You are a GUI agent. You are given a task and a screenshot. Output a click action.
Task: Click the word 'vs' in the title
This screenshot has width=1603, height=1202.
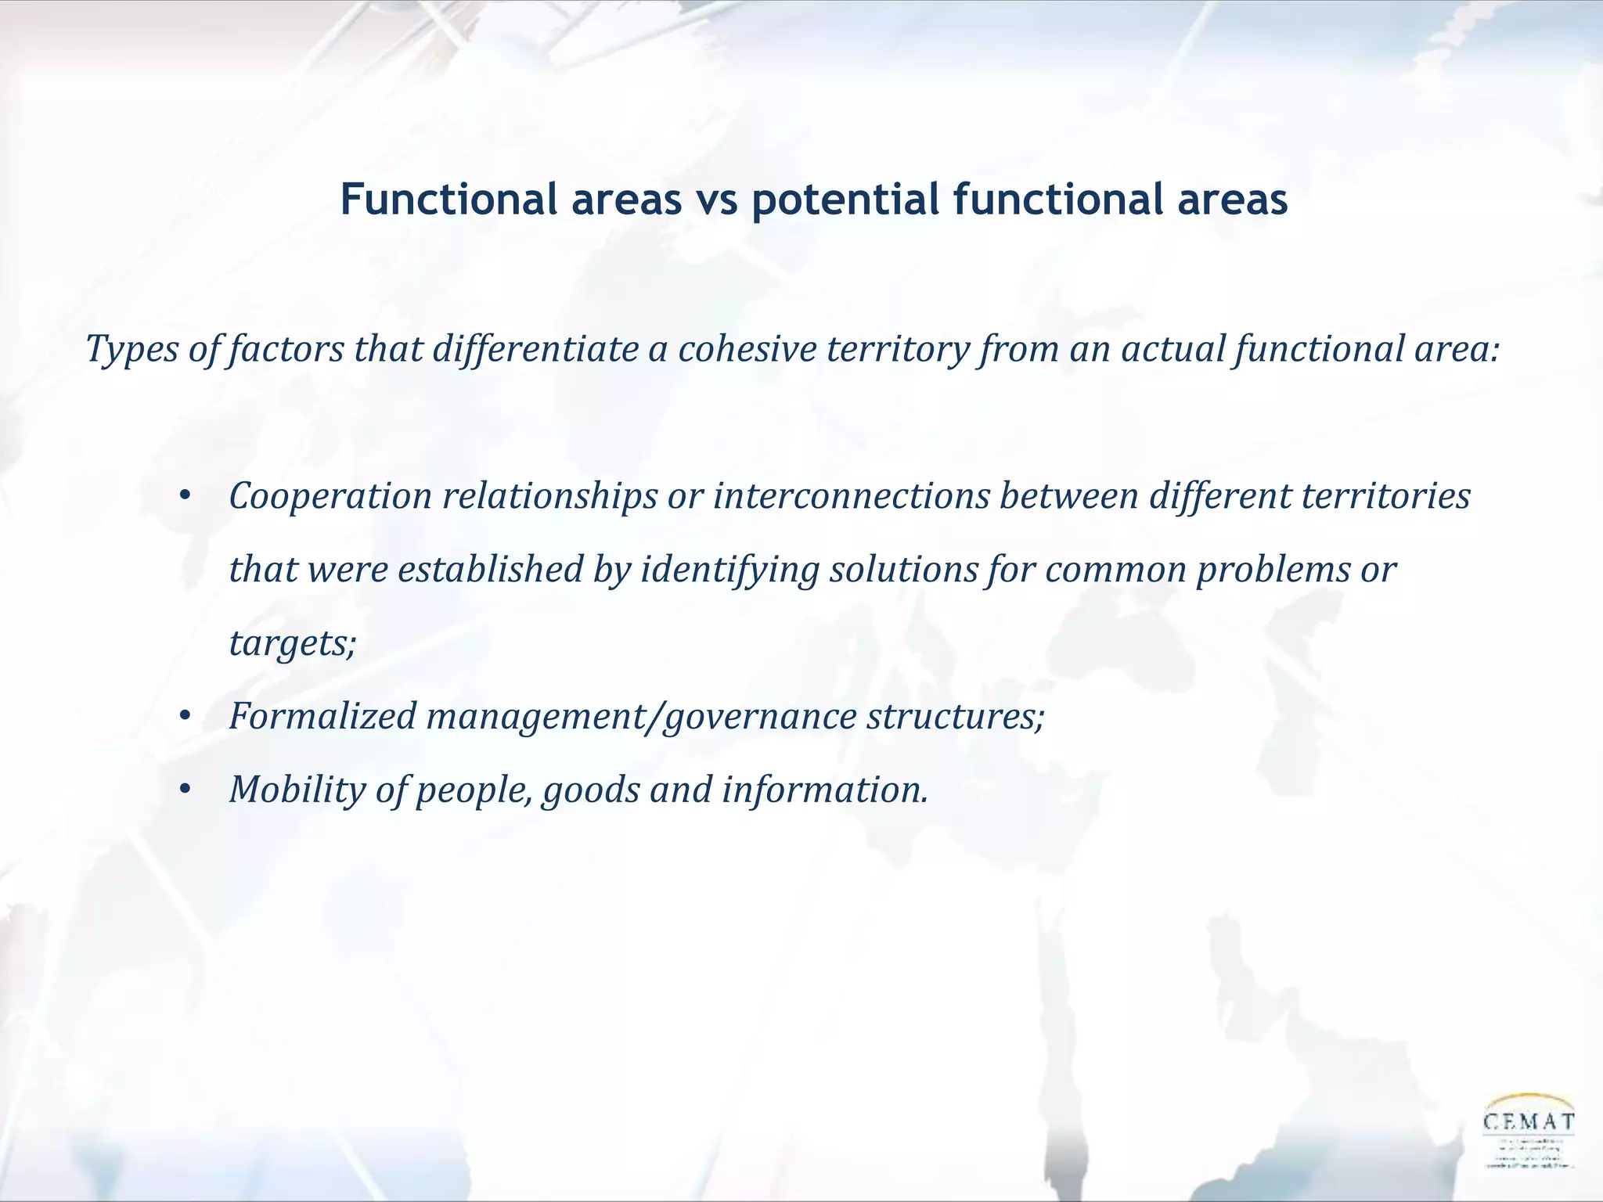pos(715,200)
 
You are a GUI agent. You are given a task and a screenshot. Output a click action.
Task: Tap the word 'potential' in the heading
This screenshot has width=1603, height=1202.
pos(845,200)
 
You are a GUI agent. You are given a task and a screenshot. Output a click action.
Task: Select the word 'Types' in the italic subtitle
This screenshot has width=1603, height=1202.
pos(131,349)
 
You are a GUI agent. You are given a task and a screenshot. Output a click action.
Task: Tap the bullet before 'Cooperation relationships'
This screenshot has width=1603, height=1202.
pos(185,496)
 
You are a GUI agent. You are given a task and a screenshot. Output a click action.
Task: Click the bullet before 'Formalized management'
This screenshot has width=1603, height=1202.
pos(185,716)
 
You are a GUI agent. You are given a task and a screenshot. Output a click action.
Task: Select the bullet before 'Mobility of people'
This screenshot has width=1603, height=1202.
pos(185,790)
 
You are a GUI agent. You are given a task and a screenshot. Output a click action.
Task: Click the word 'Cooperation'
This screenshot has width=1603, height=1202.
pos(330,496)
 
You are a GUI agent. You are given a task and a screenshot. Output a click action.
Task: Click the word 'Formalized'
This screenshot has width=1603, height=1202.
pos(322,716)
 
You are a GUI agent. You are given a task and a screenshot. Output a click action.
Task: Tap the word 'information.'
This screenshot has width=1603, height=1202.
pos(825,790)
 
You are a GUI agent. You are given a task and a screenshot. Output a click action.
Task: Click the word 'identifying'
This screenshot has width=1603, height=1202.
pos(729,570)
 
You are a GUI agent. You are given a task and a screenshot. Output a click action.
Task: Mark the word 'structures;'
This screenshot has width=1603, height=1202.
pos(955,716)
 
